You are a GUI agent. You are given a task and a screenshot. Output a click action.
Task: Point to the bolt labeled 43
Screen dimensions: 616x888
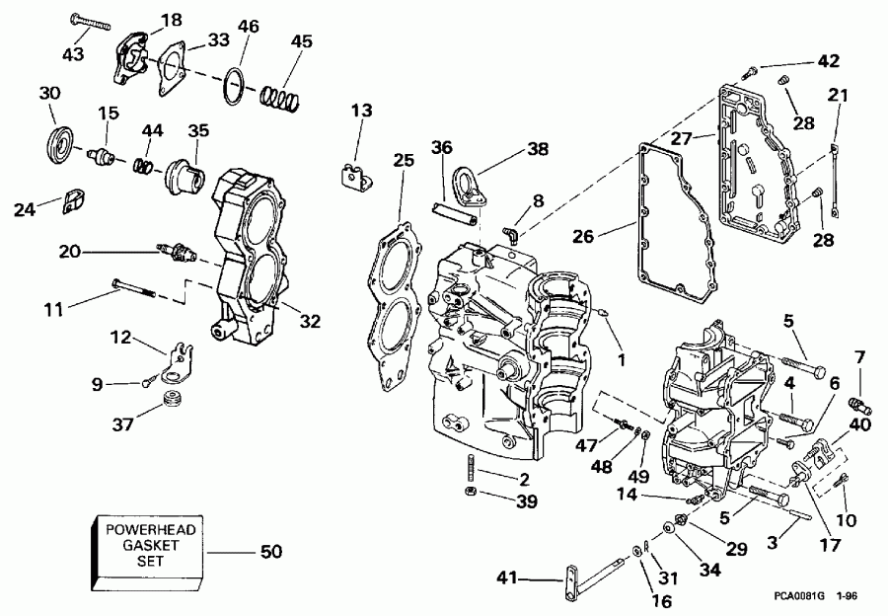click(92, 23)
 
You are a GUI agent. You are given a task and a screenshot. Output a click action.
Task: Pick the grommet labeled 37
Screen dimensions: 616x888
click(174, 402)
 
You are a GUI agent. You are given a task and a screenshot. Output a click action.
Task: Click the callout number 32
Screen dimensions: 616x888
click(311, 320)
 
